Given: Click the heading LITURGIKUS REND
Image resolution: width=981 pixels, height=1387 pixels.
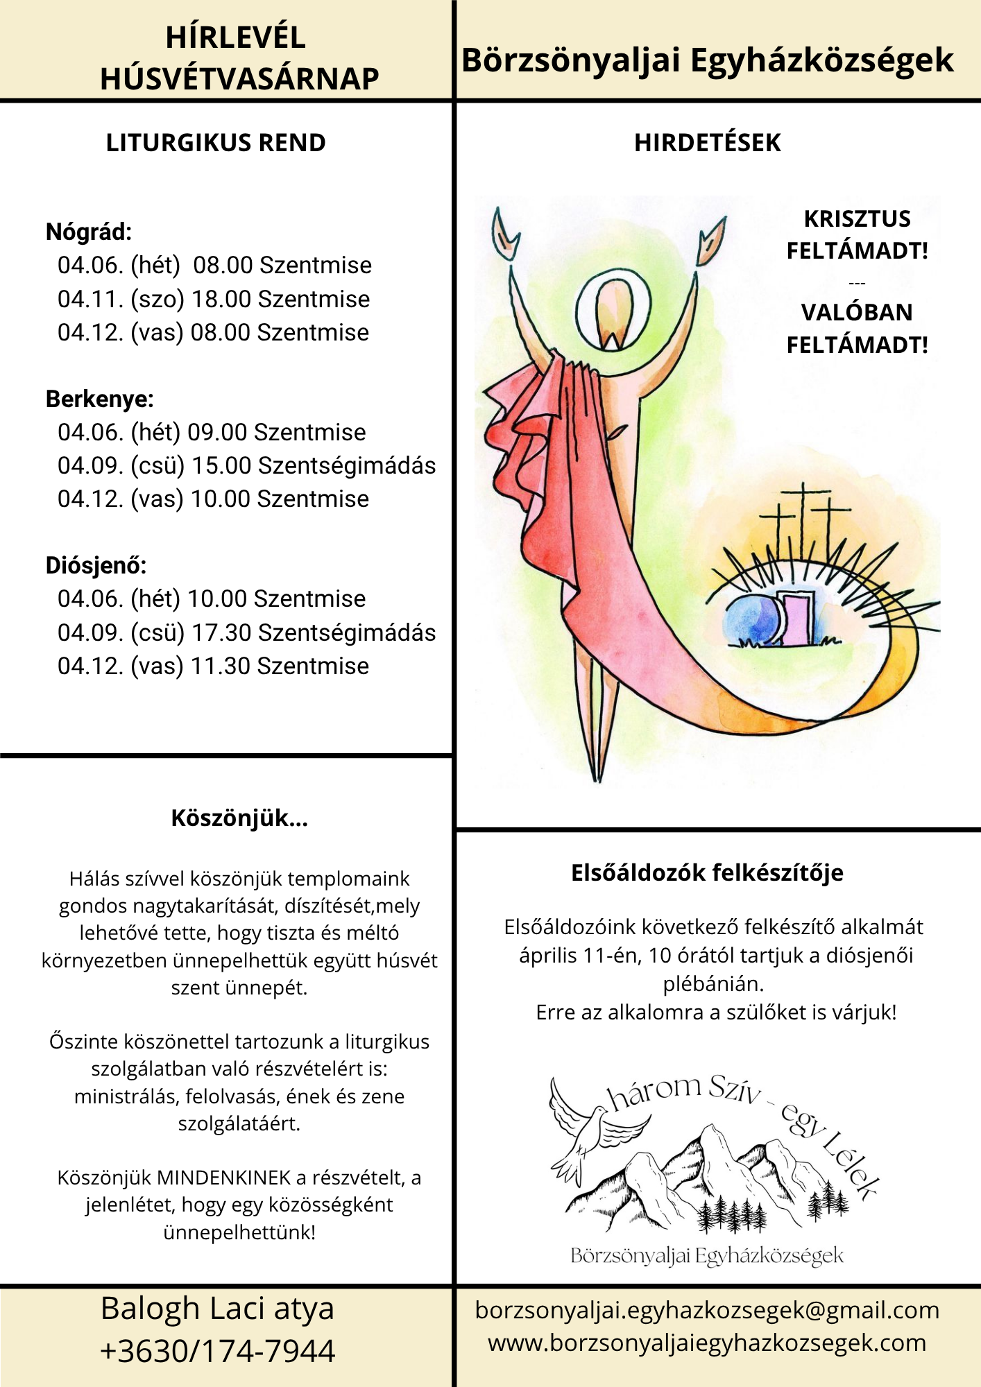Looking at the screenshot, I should pos(216,143).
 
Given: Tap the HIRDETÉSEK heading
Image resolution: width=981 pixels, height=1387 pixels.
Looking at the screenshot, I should pos(707,143).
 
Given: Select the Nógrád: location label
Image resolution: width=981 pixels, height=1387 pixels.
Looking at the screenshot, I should pos(89,232).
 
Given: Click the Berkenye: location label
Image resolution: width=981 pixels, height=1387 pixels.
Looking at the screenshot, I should pos(99,399).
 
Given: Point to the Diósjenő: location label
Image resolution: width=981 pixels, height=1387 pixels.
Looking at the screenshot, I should pos(96,565).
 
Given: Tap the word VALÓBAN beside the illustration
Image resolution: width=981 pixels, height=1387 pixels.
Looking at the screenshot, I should pos(857,313).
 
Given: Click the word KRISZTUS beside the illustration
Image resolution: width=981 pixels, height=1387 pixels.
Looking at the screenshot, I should pos(857,219).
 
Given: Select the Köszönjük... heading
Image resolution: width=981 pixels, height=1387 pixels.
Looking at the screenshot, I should pos(239,818).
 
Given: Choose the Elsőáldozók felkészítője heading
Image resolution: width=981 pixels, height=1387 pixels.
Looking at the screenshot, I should pos(707,872).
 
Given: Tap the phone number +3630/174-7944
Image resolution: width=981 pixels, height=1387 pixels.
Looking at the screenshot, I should pos(218,1352).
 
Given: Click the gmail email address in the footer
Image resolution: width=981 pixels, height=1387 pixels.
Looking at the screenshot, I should pos(707,1311).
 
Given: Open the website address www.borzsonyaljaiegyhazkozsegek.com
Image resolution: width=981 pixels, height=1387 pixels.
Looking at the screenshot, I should pos(707,1343).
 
